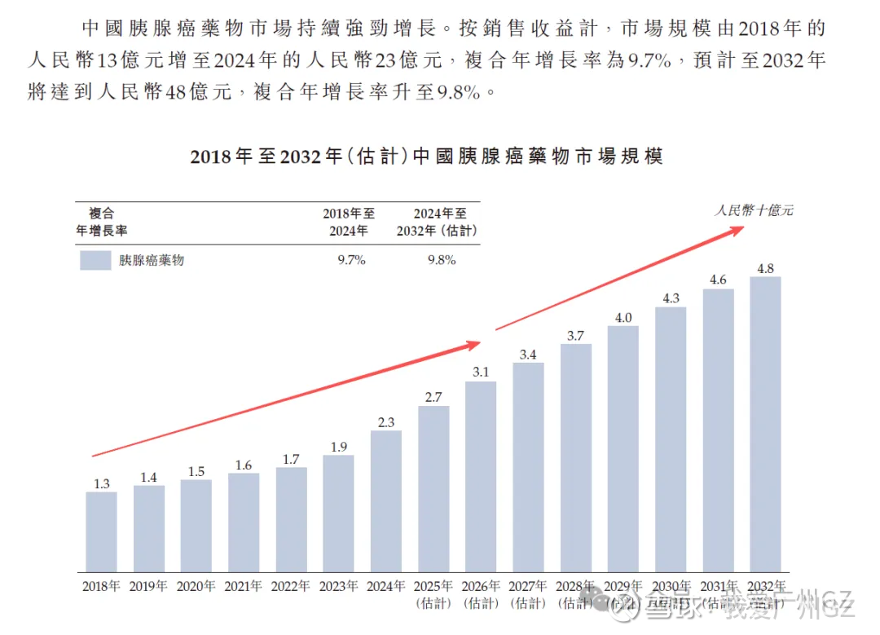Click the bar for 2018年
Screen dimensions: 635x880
point(101,531)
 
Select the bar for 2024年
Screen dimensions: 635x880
point(385,501)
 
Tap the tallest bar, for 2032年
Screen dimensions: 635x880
point(765,424)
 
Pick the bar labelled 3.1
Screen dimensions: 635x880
point(481,476)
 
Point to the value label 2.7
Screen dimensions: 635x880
point(433,397)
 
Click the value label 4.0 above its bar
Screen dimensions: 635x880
point(623,317)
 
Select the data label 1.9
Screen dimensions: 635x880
point(338,446)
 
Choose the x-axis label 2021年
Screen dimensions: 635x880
point(244,585)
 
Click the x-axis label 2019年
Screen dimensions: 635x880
point(148,585)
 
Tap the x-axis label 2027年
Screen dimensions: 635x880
point(528,585)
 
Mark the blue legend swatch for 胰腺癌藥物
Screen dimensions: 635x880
point(95,260)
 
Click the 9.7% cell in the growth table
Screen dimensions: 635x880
point(350,260)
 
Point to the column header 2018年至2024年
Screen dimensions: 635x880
point(349,222)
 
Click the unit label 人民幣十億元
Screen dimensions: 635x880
point(754,210)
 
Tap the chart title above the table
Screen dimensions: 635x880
point(426,156)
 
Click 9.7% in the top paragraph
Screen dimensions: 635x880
point(648,60)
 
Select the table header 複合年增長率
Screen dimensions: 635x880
point(102,222)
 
